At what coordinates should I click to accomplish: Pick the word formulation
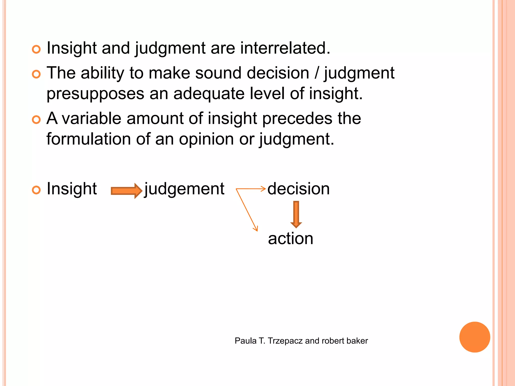click(x=89, y=139)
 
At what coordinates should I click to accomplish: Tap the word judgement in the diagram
click(x=184, y=189)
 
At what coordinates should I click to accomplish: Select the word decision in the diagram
click(x=298, y=189)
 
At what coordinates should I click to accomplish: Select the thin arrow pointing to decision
click(x=251, y=189)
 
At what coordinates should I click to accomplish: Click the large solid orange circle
click(x=475, y=337)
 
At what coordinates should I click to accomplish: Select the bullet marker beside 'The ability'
click(x=36, y=74)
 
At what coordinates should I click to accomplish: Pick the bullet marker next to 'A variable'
click(x=36, y=120)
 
